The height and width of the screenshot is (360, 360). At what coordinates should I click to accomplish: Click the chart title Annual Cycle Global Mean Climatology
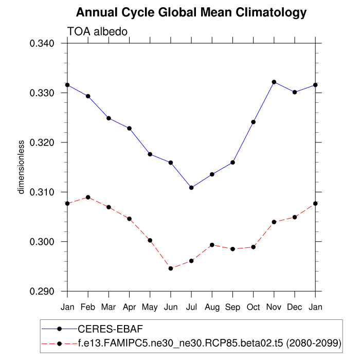(191, 12)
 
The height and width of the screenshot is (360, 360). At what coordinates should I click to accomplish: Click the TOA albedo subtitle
(97, 32)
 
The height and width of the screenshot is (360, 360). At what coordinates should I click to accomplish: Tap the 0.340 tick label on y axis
(43, 43)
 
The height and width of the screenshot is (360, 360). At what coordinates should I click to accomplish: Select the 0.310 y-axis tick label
(43, 192)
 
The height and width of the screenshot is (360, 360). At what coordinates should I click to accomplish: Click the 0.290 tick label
(43, 292)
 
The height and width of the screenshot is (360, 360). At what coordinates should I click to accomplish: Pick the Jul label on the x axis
(191, 307)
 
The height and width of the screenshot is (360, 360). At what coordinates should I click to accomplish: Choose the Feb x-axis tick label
(88, 307)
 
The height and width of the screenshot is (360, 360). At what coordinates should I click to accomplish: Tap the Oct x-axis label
(253, 307)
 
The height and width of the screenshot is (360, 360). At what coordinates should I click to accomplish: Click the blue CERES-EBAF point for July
(191, 188)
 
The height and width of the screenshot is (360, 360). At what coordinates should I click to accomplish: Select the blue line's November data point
(274, 82)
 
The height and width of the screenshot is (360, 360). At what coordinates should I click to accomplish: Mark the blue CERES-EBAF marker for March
(109, 118)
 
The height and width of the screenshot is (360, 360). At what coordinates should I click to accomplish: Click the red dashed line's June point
(171, 268)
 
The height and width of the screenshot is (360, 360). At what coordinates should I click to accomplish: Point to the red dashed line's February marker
(88, 197)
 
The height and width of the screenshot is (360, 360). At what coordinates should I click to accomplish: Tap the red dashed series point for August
(212, 245)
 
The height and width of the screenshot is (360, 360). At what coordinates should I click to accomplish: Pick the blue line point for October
(254, 122)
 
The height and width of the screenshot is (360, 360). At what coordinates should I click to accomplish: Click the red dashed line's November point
(274, 222)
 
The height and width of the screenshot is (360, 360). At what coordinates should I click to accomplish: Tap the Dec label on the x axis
(295, 307)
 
